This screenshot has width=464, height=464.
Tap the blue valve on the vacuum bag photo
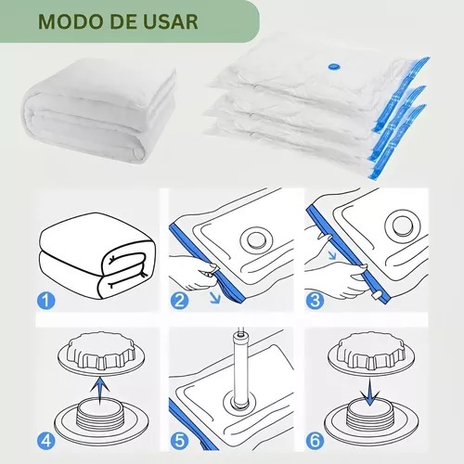coord(333,66)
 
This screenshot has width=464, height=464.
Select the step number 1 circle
coord(45,301)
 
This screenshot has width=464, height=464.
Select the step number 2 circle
coord(179,301)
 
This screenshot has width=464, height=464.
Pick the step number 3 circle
coord(315,301)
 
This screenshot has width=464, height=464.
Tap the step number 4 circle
coord(45,441)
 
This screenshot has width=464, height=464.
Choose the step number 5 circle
coord(179,441)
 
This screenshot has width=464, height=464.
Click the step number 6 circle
coord(315,441)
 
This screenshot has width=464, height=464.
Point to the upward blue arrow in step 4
coord(99,391)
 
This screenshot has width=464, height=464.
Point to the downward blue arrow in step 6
coord(370,392)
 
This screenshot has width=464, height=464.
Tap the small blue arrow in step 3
coord(332,255)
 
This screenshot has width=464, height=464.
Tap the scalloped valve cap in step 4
coord(101,351)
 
